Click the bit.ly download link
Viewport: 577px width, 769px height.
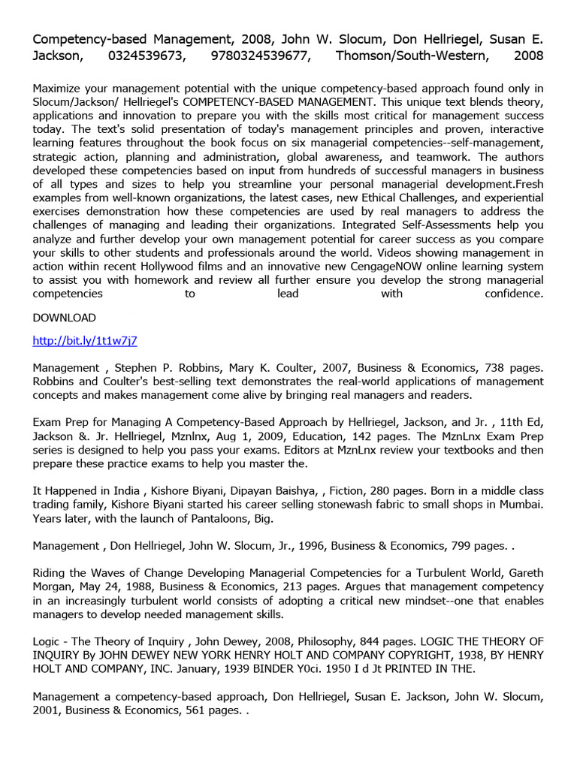tap(85, 340)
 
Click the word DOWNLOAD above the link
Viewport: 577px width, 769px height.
tap(64, 318)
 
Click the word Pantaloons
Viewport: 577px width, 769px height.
tap(217, 519)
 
